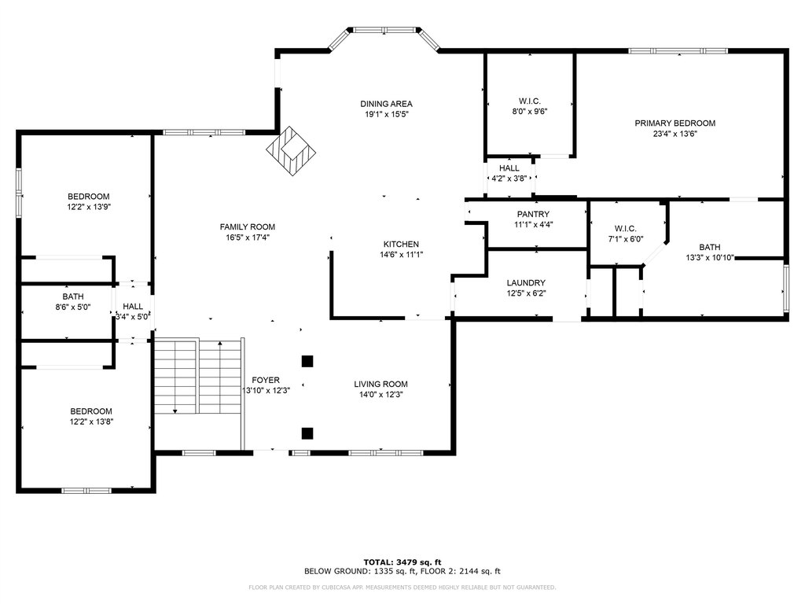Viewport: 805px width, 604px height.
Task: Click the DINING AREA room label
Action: (x=386, y=104)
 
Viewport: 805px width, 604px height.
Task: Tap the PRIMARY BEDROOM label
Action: (x=675, y=123)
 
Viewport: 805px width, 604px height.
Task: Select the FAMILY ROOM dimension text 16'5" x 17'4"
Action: (x=248, y=238)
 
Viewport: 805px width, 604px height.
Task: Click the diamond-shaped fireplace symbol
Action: (x=291, y=151)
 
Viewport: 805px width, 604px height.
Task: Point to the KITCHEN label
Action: (x=401, y=245)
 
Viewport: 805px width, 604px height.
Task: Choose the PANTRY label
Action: (x=533, y=214)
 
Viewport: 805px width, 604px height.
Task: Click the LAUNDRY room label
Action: (x=526, y=283)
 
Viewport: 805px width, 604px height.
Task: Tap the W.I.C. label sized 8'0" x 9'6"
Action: (x=529, y=101)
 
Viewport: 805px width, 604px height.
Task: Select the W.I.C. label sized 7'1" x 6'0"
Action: (x=625, y=229)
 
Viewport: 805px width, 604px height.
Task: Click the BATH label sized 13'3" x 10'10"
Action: (x=710, y=247)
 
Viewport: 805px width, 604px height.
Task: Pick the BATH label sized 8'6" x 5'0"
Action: (x=73, y=296)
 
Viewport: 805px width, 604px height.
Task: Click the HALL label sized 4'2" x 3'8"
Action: (x=509, y=168)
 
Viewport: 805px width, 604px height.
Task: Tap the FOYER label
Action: (x=266, y=380)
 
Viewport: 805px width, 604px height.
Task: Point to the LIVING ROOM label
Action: (x=380, y=384)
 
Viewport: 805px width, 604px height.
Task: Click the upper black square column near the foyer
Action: (x=307, y=361)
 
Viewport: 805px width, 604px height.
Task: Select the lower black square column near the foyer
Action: (x=307, y=433)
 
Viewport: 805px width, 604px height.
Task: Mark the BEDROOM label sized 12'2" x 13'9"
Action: (x=88, y=197)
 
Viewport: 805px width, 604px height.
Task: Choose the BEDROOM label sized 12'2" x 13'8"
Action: (x=91, y=411)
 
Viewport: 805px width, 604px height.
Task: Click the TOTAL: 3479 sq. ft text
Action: (x=402, y=562)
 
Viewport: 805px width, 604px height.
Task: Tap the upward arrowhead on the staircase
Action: (x=220, y=343)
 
